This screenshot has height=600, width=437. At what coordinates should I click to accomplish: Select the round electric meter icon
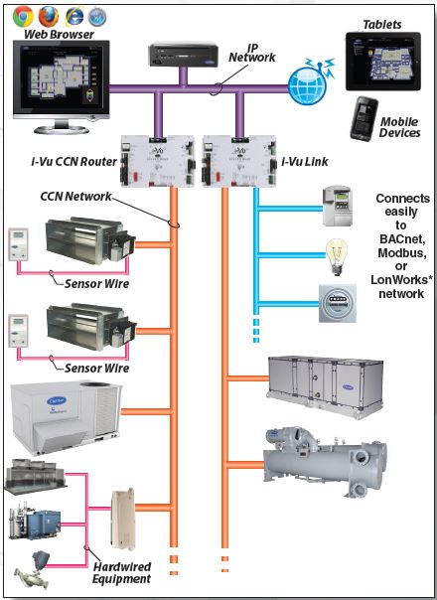coord(335,302)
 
